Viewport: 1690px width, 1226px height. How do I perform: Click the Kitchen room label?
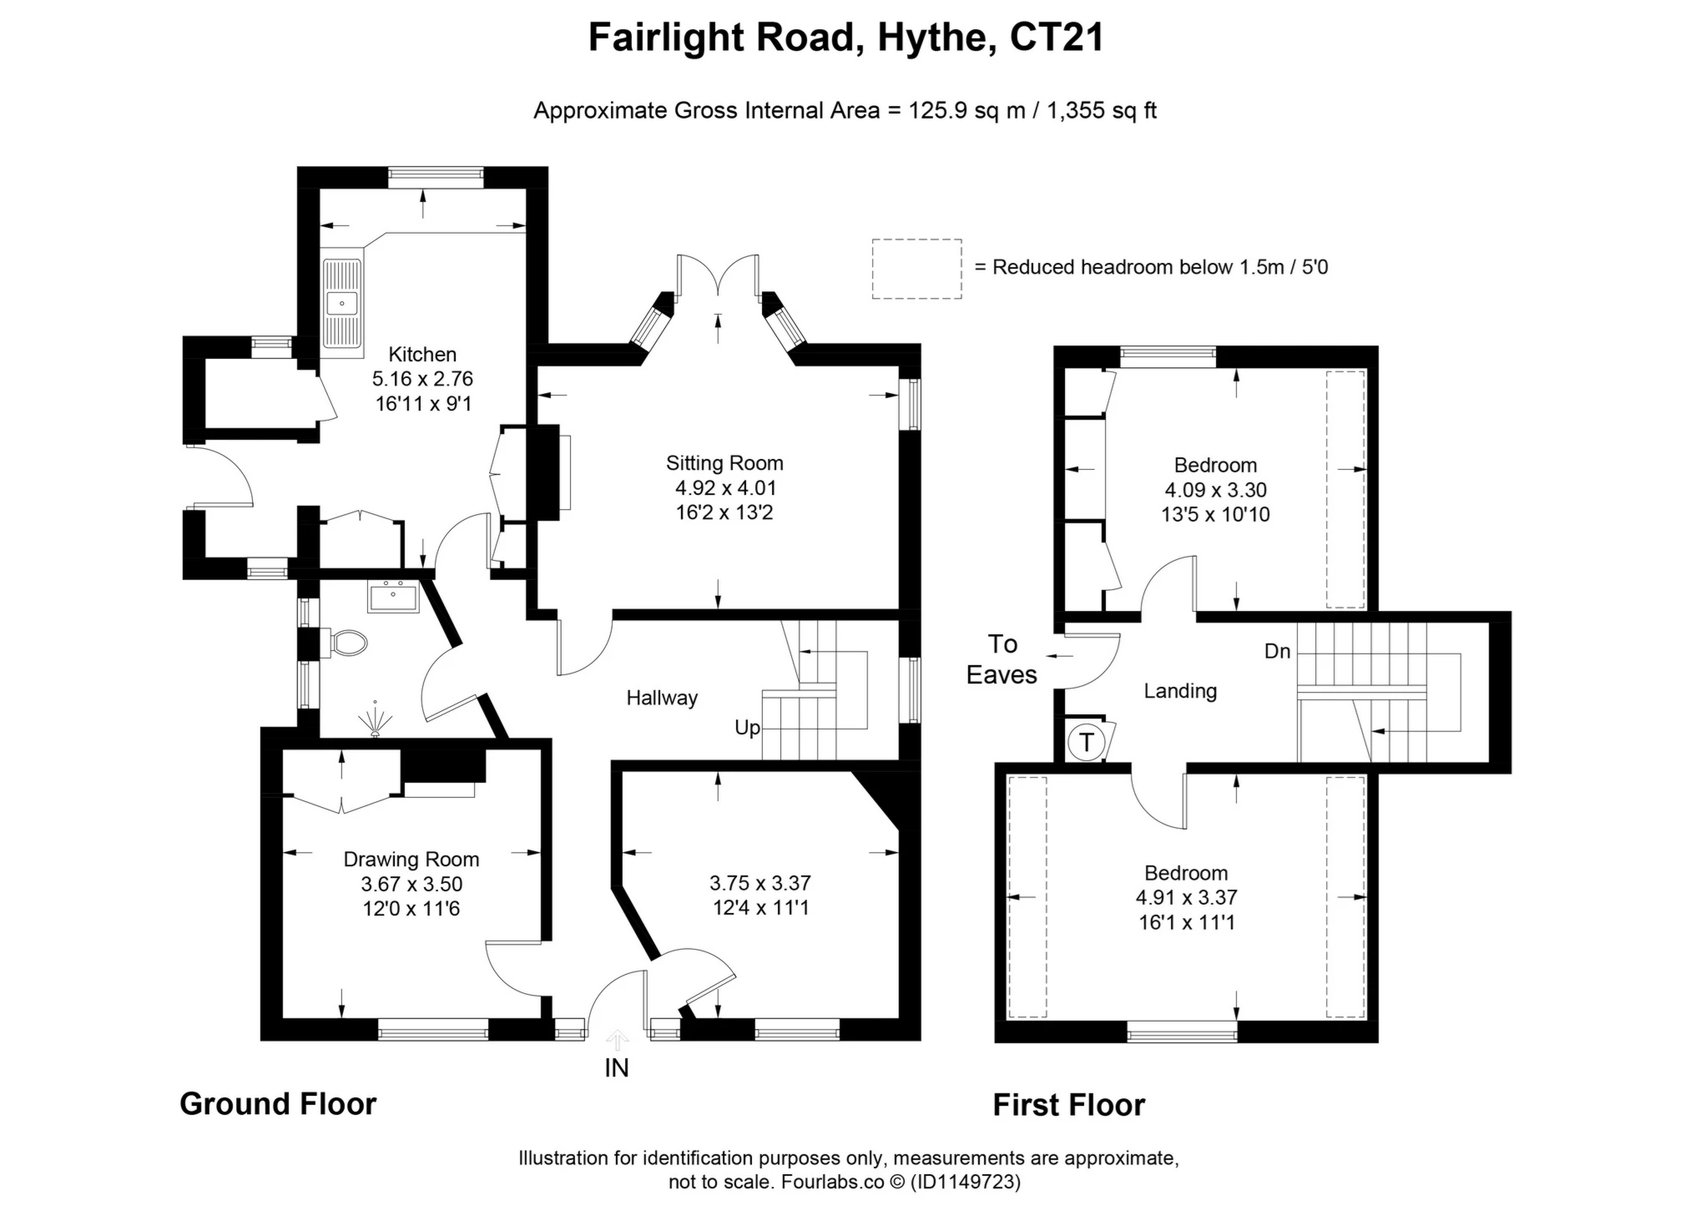[422, 354]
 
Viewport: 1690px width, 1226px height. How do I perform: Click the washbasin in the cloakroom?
[393, 597]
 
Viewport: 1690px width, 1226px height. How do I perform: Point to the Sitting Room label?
[724, 463]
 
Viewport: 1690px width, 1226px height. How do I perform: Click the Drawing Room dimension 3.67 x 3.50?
[411, 884]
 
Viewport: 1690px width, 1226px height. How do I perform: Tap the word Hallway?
[662, 698]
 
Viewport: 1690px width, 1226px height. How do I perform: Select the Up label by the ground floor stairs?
[747, 728]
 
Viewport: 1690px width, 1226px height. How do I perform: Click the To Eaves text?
[1001, 659]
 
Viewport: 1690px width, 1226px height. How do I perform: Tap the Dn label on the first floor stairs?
[1277, 651]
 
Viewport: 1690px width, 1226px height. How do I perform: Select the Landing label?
[1180, 691]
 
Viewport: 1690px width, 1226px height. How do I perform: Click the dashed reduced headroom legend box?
[916, 269]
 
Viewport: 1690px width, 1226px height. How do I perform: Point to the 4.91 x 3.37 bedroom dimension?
[1186, 897]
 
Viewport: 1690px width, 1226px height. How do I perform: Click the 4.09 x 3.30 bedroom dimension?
[1215, 490]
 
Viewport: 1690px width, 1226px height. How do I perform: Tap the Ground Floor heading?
[278, 1104]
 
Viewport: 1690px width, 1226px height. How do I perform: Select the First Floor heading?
[1068, 1105]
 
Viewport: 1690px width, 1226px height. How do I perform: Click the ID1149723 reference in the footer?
[965, 1182]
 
